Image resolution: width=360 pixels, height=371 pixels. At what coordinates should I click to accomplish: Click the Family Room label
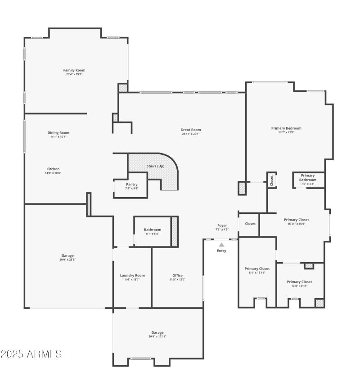(74, 70)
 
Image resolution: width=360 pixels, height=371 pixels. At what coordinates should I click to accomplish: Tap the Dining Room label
(58, 133)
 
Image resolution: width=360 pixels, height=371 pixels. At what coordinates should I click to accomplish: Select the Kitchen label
(53, 169)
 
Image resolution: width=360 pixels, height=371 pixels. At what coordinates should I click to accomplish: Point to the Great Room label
(191, 130)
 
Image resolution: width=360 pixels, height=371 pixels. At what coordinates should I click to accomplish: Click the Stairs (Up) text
(155, 166)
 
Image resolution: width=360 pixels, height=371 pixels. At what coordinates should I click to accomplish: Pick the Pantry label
(132, 184)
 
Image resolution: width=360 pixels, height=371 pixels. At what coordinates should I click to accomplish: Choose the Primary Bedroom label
(286, 128)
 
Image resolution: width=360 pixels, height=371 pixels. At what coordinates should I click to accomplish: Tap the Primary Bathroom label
(308, 178)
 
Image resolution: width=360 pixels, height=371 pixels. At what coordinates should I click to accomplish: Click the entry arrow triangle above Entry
(221, 244)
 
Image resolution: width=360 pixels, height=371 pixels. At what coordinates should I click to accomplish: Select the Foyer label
(222, 225)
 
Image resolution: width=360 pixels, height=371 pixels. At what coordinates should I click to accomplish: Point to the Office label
(177, 276)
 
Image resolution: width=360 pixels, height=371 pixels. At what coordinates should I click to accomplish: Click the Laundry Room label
(132, 276)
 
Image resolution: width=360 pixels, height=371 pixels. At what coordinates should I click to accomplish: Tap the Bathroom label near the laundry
(153, 230)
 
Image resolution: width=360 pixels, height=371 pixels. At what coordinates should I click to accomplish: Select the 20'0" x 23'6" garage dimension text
(67, 260)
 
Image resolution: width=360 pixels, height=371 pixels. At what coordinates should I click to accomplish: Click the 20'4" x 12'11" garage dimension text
(157, 336)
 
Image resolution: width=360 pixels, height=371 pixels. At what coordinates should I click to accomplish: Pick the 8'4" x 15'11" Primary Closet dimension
(257, 272)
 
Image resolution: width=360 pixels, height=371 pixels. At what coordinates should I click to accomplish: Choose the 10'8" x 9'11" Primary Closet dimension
(299, 286)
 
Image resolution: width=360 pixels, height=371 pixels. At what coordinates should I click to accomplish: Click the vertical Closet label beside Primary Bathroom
(271, 180)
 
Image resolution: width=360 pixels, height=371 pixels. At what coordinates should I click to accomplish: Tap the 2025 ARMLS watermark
(31, 354)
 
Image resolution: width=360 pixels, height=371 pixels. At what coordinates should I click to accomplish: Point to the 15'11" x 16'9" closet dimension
(297, 224)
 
